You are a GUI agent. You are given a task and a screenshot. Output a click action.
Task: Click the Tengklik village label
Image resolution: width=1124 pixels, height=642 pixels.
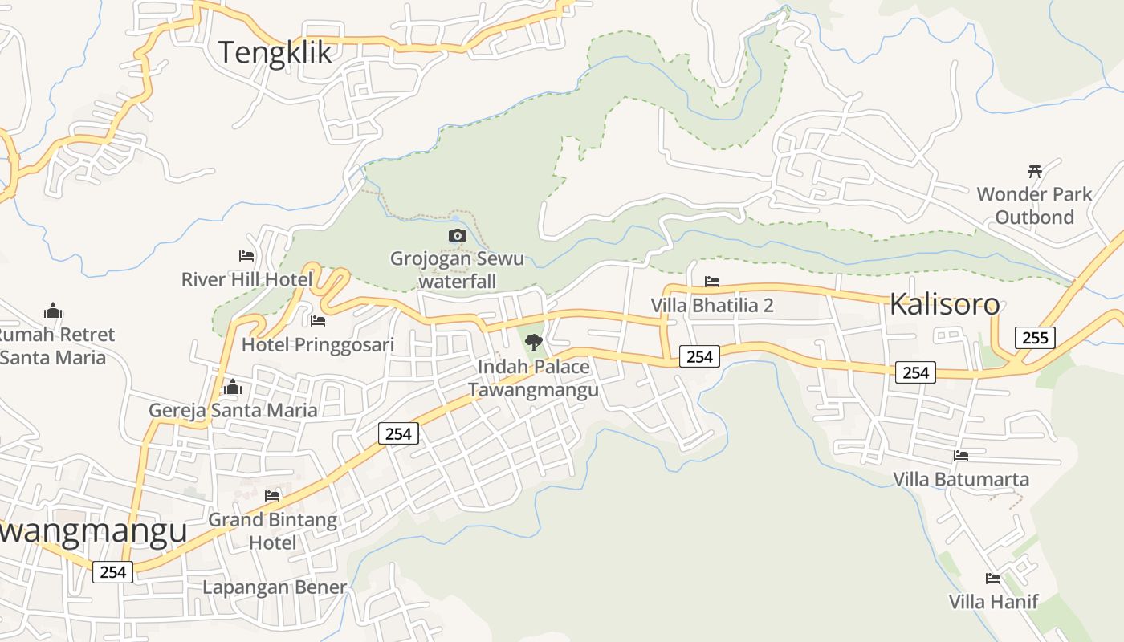275,53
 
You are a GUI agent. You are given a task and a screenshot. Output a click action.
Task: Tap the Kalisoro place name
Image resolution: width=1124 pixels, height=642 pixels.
944,305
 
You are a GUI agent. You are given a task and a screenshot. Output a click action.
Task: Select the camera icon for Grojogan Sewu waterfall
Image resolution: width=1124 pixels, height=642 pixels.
457,235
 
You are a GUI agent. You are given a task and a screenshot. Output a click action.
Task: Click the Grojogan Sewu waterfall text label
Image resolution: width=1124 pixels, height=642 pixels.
457,270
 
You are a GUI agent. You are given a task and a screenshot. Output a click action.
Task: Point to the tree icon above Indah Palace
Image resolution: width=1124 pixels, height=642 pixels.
533,343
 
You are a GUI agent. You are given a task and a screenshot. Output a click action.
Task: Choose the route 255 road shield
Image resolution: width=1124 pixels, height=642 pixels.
1034,338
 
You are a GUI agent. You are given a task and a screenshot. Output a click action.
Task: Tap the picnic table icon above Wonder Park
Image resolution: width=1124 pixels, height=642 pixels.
1034,171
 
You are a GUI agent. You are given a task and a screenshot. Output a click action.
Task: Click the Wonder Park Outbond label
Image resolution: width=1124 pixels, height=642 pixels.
1034,205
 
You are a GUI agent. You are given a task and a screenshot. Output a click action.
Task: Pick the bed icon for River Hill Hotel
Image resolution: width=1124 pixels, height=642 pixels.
246,256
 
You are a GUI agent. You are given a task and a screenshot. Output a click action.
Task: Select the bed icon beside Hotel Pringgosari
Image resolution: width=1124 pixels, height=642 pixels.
318,321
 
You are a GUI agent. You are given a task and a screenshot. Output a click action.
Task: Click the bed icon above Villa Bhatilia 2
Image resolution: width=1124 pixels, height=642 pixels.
711,282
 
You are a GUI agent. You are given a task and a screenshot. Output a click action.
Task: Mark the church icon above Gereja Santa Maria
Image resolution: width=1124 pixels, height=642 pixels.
233,387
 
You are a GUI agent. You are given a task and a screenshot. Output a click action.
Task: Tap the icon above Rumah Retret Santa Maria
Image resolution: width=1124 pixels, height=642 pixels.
53,311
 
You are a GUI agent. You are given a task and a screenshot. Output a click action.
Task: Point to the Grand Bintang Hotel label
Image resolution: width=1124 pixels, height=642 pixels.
272,530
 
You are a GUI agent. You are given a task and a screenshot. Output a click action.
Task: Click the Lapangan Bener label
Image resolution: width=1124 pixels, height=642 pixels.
274,587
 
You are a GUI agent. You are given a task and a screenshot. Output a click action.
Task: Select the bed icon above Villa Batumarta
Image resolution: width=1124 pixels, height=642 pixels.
960,456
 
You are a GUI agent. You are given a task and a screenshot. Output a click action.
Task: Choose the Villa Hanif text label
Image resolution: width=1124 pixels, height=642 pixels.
993,601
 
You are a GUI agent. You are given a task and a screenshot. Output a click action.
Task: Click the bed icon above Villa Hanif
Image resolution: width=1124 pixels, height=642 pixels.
993,578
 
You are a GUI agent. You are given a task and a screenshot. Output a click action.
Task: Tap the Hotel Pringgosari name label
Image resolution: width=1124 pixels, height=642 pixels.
318,345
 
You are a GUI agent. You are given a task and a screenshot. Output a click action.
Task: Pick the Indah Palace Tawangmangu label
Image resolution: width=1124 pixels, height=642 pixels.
533,378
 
